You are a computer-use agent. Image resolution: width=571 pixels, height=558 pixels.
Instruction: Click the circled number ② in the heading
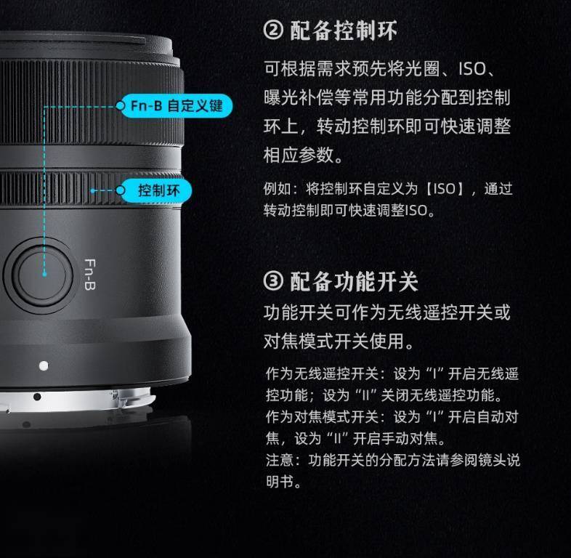(x=273, y=31)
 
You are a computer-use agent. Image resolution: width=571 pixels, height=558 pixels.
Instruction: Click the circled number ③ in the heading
(x=273, y=281)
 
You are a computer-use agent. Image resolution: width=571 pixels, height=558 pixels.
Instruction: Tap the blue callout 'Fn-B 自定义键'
(x=177, y=106)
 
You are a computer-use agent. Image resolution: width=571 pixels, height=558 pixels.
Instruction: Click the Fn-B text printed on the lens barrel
(x=89, y=275)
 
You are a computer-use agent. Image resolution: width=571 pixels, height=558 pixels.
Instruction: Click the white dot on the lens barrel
(x=44, y=365)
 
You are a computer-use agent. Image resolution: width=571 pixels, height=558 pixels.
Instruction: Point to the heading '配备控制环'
(x=344, y=31)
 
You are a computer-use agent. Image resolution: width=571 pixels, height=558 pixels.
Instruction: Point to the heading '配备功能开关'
(x=354, y=282)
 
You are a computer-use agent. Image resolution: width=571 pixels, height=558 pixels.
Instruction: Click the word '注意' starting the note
(x=279, y=461)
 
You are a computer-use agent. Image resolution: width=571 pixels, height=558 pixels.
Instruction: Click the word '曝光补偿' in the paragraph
(x=299, y=97)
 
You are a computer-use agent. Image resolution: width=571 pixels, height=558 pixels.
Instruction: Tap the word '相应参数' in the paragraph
(x=299, y=155)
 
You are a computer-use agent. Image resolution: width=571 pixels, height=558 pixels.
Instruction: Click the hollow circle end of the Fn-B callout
(x=120, y=105)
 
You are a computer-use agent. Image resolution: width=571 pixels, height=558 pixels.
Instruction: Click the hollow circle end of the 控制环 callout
(x=120, y=190)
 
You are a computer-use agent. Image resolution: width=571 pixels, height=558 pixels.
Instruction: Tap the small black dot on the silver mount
(x=37, y=397)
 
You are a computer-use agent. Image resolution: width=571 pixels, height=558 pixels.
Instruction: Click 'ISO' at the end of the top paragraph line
(x=472, y=69)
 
